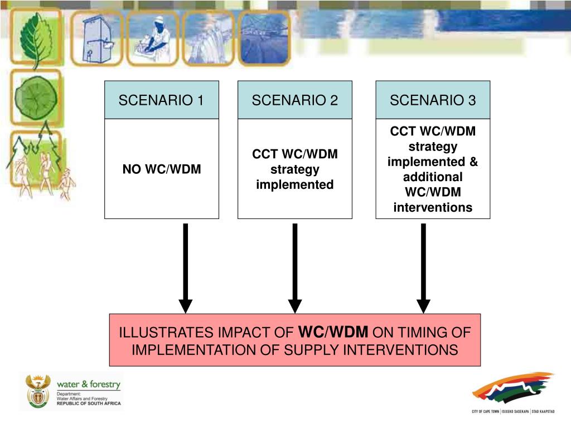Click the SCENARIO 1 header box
coord(162,100)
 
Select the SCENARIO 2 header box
coord(294,100)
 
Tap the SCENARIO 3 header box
coord(433,100)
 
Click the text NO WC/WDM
coord(162,169)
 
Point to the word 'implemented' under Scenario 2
coord(294,184)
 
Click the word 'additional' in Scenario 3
coord(433,177)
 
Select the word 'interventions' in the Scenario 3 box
coord(433,208)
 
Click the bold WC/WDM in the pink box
coord(334,333)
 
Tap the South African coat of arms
coord(38,392)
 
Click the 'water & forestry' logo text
coord(88,384)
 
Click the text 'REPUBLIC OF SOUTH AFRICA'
coord(88,403)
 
